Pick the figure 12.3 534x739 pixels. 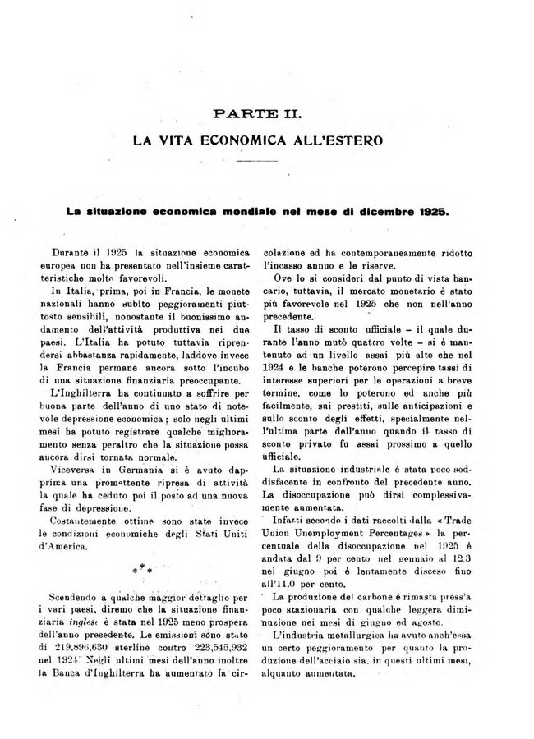coord(463,560)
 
